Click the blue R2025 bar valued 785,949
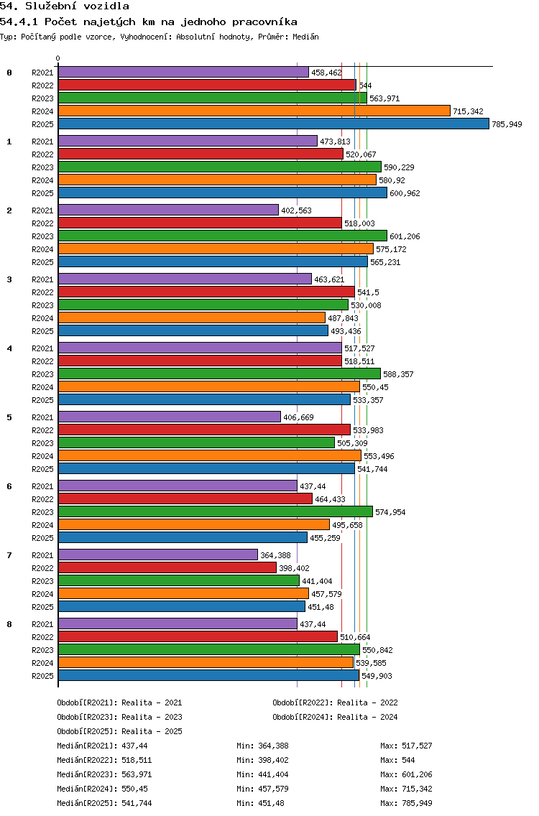pyautogui.click(x=273, y=124)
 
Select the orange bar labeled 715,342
pyautogui.click(x=254, y=111)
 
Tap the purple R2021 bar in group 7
pyautogui.click(x=157, y=555)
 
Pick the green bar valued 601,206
pyautogui.click(x=222, y=236)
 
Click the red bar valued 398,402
pyautogui.click(x=167, y=567)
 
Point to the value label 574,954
pyautogui.click(x=390, y=512)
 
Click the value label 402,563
pyautogui.click(x=296, y=210)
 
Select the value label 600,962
pyautogui.click(x=405, y=193)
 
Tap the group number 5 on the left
pyautogui.click(x=9, y=417)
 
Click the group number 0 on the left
pyautogui.click(x=9, y=73)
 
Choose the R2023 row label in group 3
pyautogui.click(x=43, y=305)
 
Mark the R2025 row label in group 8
pyautogui.click(x=43, y=676)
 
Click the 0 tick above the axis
pyautogui.click(x=58, y=59)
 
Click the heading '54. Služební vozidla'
pyautogui.click(x=65, y=6)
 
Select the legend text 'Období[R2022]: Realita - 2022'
pyautogui.click(x=335, y=703)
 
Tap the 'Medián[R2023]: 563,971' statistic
pyautogui.click(x=104, y=774)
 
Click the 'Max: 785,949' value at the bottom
pyautogui.click(x=406, y=803)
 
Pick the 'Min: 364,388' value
pyautogui.click(x=262, y=746)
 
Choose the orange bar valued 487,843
pyautogui.click(x=191, y=317)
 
